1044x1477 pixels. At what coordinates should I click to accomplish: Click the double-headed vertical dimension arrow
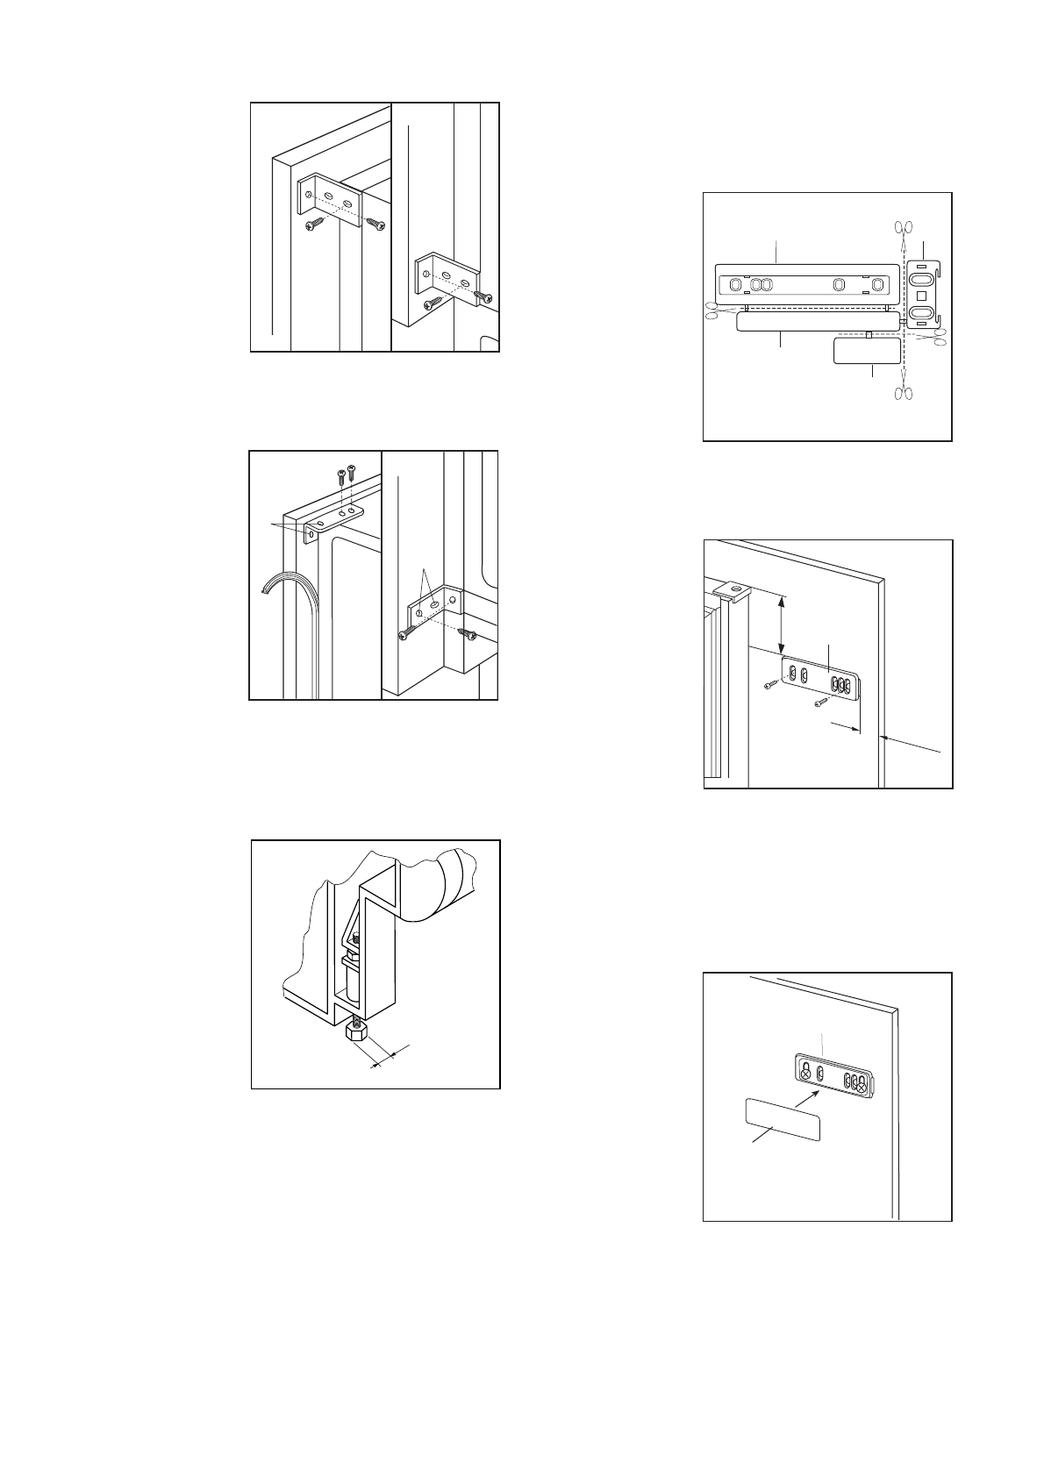pos(782,623)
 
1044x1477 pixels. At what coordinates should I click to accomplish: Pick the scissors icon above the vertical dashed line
pos(903,230)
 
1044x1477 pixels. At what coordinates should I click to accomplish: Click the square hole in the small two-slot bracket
pos(921,296)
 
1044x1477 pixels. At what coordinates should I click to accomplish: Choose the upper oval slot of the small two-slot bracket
pos(921,279)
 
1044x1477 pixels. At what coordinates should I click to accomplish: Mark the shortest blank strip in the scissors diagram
pos(867,350)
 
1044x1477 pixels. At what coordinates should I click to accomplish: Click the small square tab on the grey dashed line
pos(869,334)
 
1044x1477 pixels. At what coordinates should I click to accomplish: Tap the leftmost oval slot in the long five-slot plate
pos(735,284)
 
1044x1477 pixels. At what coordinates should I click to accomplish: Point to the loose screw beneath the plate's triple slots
pos(824,702)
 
